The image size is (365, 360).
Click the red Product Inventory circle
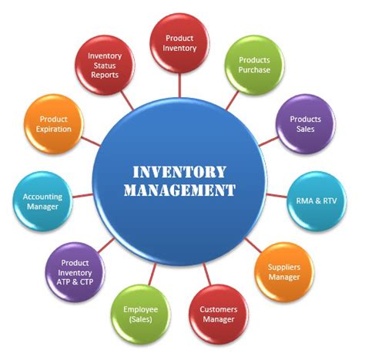coord(179,43)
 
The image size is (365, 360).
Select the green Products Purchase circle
coord(254,65)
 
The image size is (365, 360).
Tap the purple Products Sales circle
coord(306,124)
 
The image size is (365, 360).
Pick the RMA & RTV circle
coord(316,201)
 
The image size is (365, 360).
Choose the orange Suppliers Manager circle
coord(284,272)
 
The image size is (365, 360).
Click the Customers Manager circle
coord(219,315)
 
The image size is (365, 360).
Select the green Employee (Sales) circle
coord(141,315)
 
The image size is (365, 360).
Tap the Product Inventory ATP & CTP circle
coord(75,272)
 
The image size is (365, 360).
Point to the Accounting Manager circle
coord(42,201)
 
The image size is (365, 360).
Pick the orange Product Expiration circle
coord(54,124)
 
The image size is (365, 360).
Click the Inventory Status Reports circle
coord(105,65)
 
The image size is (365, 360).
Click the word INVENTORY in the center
coord(179,172)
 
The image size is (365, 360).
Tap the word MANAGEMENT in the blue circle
coord(179,190)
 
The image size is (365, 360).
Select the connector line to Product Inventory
coord(179,86)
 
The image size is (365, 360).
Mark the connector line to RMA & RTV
coord(276,196)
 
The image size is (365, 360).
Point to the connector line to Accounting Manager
coord(82,196)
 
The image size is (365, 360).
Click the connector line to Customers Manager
coord(207,274)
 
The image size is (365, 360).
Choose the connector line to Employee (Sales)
coord(152,274)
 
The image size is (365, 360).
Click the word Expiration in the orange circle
coord(54,130)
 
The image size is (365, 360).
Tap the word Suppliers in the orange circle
coord(284,267)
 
